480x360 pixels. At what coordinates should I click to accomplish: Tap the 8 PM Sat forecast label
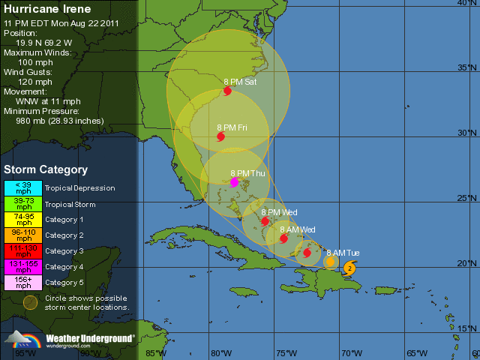coord(240,81)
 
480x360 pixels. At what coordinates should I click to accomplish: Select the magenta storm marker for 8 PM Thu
coord(234,182)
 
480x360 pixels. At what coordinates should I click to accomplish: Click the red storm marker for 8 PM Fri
coord(220,136)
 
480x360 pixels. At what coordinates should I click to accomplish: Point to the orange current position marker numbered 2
coord(349,268)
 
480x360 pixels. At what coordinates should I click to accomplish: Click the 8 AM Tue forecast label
coord(343,253)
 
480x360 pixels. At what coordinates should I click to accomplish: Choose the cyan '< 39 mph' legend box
coord(23,187)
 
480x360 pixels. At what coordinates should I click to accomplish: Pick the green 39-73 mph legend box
coord(23,203)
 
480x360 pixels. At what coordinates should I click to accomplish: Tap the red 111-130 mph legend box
coord(23,250)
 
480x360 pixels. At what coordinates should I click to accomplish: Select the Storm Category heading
coord(46,170)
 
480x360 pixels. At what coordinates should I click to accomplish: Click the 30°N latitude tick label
coord(466,133)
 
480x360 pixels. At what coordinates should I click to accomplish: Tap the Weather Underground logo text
coord(90,338)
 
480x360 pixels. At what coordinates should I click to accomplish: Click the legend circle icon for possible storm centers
coord(29,302)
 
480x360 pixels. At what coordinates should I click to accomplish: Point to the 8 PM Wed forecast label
coord(279,212)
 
